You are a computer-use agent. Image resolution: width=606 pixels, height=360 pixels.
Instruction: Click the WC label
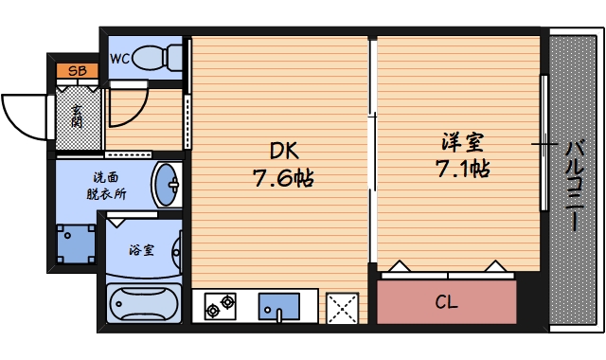tap(120, 59)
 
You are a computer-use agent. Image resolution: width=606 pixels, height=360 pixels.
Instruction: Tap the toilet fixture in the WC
tap(160, 58)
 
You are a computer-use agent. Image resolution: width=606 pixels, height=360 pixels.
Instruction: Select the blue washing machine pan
tap(75, 244)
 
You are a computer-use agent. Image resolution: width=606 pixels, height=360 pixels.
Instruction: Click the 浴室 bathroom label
tap(141, 250)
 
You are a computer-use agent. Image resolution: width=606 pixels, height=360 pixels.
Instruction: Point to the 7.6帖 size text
tap(282, 176)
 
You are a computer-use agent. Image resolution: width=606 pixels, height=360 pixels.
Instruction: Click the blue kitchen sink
tap(279, 307)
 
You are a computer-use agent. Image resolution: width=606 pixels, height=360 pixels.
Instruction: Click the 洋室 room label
tap(462, 144)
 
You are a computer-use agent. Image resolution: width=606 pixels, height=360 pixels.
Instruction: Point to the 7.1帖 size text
tap(462, 171)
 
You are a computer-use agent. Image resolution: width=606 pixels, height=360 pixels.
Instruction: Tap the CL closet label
tap(446, 303)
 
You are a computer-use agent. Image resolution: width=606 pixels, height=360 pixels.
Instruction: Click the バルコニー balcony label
tap(575, 186)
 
